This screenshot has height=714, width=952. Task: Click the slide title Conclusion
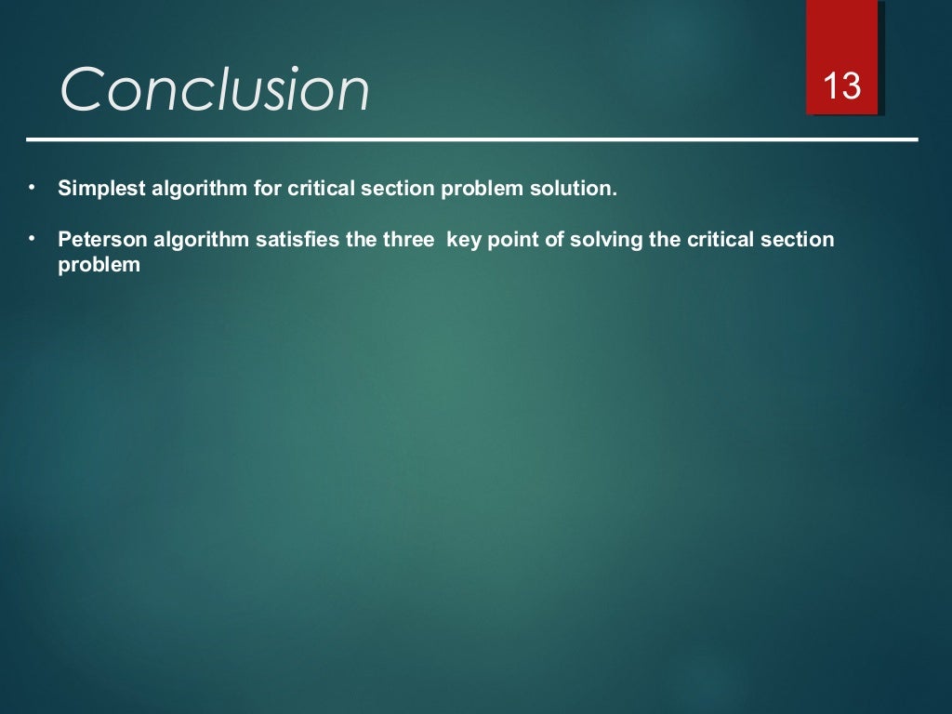pyautogui.click(x=215, y=91)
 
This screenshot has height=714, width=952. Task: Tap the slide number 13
pyautogui.click(x=842, y=88)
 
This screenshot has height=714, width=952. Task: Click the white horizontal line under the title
pyautogui.click(x=472, y=139)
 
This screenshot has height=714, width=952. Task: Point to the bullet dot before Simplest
pyautogui.click(x=31, y=188)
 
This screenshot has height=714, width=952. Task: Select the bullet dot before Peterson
pyautogui.click(x=31, y=239)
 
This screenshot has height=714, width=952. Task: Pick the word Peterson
pyautogui.click(x=97, y=240)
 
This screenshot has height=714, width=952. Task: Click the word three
pyautogui.click(x=408, y=240)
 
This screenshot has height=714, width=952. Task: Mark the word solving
pyautogui.click(x=607, y=240)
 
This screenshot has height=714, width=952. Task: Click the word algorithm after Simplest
pyautogui.click(x=196, y=189)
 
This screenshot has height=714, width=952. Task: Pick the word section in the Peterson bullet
pyautogui.click(x=801, y=240)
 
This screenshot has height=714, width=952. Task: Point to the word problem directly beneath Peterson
pyautogui.click(x=99, y=265)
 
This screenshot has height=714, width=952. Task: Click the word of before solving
pyautogui.click(x=555, y=240)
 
